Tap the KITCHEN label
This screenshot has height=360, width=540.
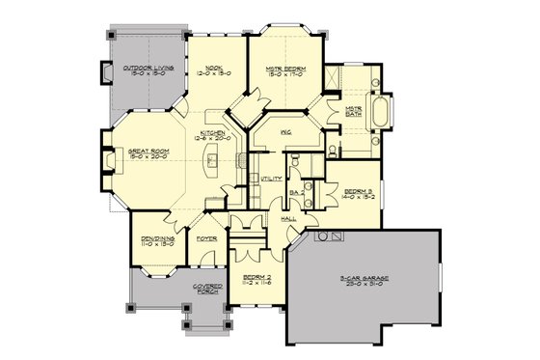pos(213,134)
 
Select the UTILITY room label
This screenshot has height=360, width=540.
pos(270,180)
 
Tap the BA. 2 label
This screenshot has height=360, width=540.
pos(298,194)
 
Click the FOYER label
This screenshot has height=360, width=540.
pos(204,236)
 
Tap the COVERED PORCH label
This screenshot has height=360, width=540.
pos(207,290)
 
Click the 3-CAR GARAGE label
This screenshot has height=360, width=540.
pos(364,282)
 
